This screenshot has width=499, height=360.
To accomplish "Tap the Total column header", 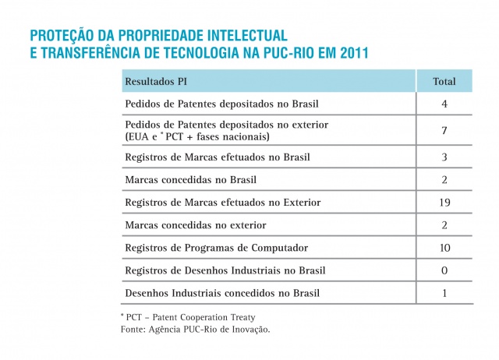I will (x=444, y=81).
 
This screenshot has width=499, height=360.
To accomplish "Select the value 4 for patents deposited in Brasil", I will (x=444, y=104).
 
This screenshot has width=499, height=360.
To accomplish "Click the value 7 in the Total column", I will (x=444, y=130).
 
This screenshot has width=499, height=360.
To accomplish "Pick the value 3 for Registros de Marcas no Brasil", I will (x=444, y=157).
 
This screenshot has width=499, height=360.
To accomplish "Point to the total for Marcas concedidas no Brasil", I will (x=444, y=180).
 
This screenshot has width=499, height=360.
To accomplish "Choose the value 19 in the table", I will (x=444, y=203).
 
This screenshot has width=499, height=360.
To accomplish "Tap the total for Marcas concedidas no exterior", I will (x=444, y=225).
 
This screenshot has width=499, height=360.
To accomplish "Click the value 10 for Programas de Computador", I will (x=444, y=248).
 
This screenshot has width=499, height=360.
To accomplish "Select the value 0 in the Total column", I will (x=444, y=270).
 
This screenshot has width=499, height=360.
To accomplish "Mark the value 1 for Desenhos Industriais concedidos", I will (x=444, y=293).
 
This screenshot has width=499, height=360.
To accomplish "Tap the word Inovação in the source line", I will (x=247, y=330).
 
